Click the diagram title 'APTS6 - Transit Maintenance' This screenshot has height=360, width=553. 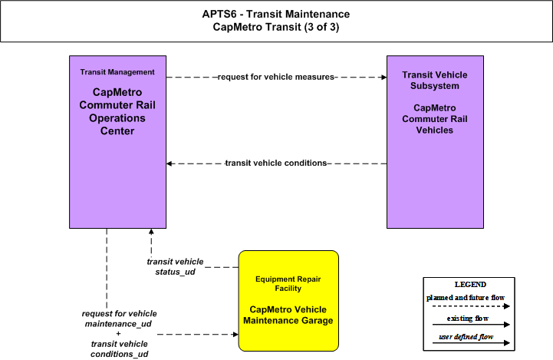tap(276, 14)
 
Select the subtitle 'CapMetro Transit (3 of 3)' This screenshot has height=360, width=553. tap(276, 27)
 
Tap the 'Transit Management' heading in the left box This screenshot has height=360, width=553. tap(117, 72)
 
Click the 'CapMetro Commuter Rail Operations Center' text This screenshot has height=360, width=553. tap(117, 111)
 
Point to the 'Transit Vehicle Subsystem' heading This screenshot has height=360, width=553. tap(435, 80)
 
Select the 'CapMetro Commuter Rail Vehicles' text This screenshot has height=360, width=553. tap(435, 119)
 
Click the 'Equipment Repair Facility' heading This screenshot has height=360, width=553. tap(288, 284)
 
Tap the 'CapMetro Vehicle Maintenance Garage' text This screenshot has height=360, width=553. tap(288, 315)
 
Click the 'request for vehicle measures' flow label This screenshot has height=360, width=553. tap(276, 77)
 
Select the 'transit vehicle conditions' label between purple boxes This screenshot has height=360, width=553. tap(276, 163)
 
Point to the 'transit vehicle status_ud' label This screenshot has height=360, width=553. tap(175, 267)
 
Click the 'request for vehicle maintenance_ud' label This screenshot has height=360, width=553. tap(119, 319)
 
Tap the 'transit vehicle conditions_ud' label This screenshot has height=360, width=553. tap(119, 349)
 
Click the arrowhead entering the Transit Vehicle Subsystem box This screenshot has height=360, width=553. tap(384, 77)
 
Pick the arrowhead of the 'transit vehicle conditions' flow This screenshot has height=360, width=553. tap(169, 163)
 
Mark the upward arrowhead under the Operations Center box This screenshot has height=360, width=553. tap(151, 232)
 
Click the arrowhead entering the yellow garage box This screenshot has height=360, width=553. tap(236, 334)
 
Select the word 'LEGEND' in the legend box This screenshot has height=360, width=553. tap(470, 285)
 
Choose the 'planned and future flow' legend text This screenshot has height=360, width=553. tap(466, 298)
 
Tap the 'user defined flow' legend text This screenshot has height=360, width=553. tap(466, 337)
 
